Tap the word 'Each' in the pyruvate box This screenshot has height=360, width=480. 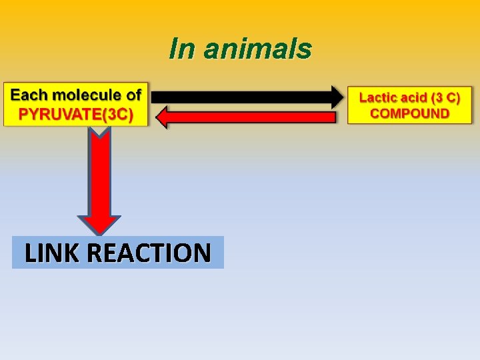(29, 95)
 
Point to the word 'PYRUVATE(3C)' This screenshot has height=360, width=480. (75, 114)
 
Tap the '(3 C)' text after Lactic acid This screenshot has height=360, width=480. (447, 97)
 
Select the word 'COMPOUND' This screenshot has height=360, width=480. (409, 113)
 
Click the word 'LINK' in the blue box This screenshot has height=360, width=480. (53, 253)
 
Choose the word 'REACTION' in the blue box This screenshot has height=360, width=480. (149, 253)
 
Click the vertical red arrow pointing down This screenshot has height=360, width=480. (99, 173)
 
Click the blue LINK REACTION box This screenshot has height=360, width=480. (118, 253)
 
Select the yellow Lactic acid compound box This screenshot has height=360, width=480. (409, 105)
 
